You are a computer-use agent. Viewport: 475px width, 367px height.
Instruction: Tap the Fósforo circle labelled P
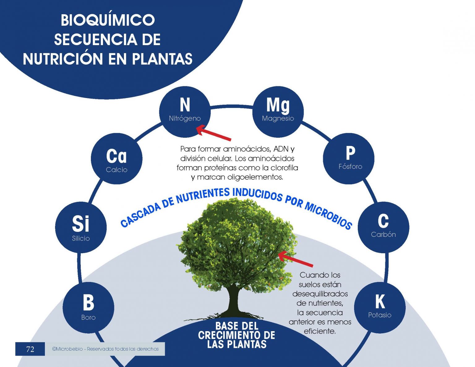click(349, 158)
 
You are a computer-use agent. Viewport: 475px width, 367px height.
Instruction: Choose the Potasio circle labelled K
click(380, 307)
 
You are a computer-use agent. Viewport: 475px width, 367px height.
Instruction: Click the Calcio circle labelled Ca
click(117, 159)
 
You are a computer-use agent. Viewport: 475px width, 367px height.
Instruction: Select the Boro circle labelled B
click(88, 307)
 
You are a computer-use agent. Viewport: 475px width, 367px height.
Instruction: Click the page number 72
click(30, 349)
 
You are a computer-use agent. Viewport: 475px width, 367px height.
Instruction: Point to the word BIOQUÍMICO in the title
click(108, 20)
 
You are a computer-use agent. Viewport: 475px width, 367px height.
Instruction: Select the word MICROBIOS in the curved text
click(328, 215)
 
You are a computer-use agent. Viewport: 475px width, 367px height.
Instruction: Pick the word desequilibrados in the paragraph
click(320, 294)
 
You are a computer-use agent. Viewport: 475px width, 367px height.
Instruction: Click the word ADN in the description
click(281, 149)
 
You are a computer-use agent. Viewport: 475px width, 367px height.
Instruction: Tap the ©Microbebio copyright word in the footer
click(67, 349)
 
